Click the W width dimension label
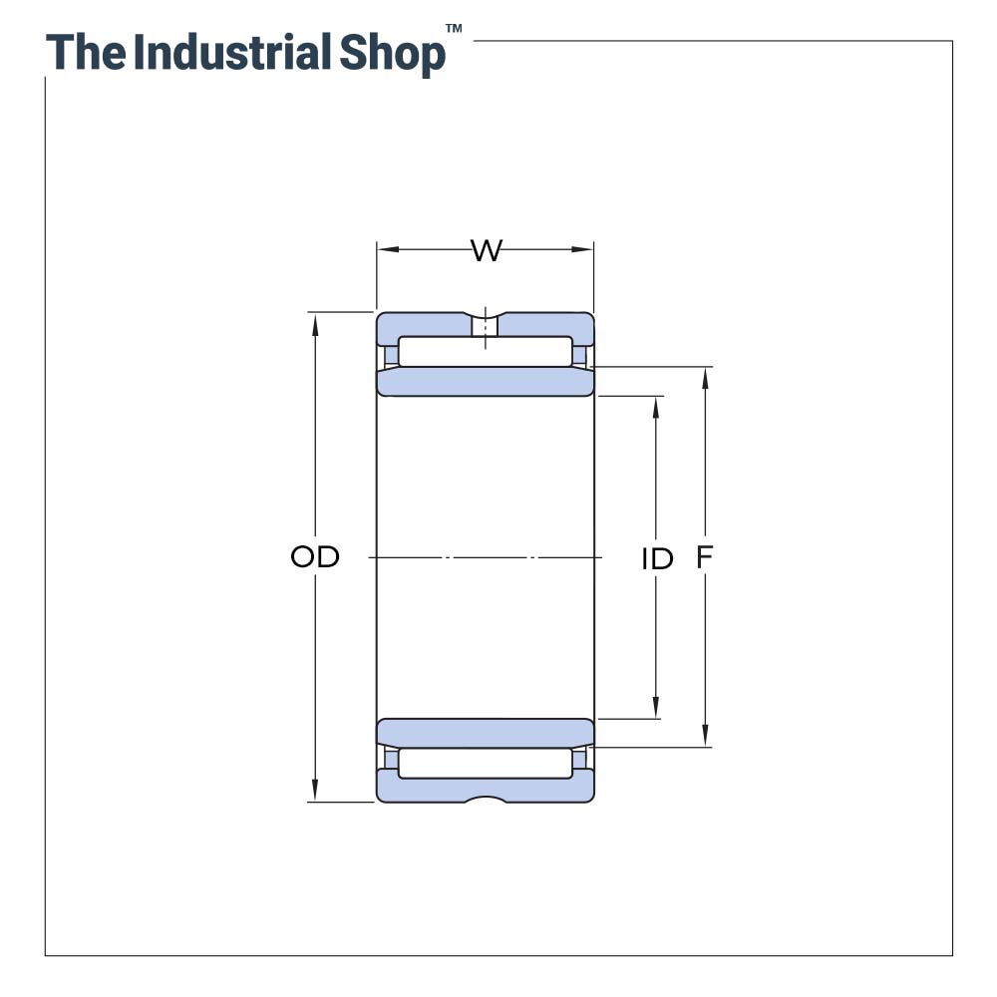coord(486,250)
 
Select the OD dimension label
coord(315,557)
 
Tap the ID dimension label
coord(657,559)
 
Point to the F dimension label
coord(705,558)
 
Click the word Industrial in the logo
coord(231,52)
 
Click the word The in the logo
coord(85,52)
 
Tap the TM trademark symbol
coord(454,30)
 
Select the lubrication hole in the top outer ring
coord(485,326)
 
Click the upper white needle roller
coord(486,351)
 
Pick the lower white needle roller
coord(486,764)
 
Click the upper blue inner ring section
coord(486,382)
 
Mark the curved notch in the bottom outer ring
coord(486,799)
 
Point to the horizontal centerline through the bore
coord(486,557)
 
